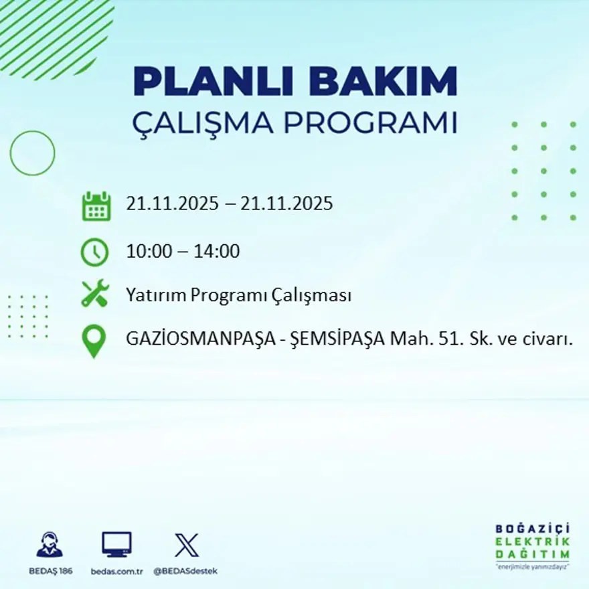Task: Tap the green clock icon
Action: (x=94, y=252)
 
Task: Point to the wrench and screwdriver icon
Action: (x=94, y=294)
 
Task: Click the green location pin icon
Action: (x=94, y=340)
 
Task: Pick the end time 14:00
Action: (x=217, y=252)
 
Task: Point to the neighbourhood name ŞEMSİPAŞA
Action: (x=337, y=339)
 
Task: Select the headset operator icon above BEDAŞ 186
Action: (x=50, y=545)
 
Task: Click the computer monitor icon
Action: (x=116, y=544)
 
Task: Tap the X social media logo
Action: (x=186, y=545)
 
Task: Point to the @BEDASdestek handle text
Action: (x=185, y=571)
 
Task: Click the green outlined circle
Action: (x=32, y=153)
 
